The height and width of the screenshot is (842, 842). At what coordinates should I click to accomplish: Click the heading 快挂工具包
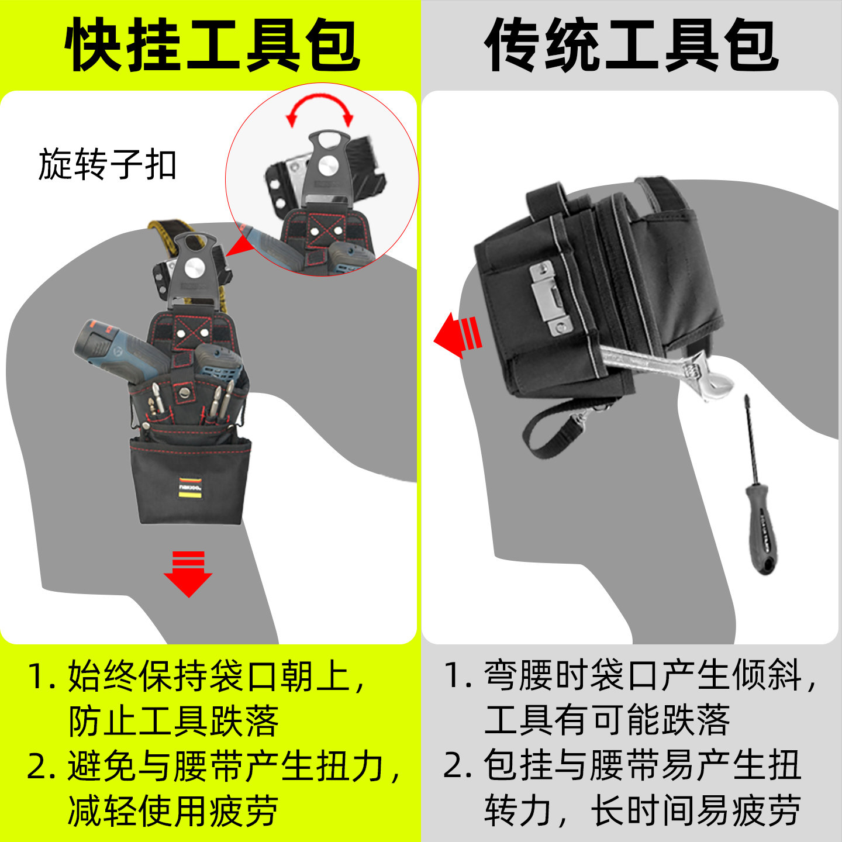point(212,46)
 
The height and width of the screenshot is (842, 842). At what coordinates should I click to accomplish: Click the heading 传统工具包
point(631,46)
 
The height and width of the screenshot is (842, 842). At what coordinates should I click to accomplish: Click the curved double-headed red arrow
point(320,110)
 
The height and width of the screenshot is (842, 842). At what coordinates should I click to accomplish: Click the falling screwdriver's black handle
point(761,529)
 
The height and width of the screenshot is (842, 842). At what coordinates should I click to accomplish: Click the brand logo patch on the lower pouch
point(190,488)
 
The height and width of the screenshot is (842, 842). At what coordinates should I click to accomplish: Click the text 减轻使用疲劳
point(174,811)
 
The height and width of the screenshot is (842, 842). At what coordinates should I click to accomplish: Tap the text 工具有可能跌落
point(607,720)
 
